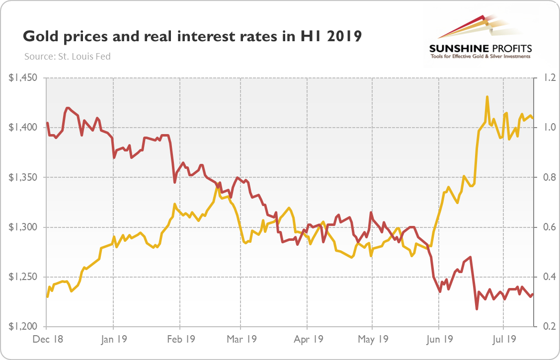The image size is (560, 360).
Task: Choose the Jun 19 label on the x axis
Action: point(439,340)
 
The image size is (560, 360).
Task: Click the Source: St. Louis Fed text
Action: point(68,56)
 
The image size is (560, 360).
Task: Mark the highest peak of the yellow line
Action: point(487,97)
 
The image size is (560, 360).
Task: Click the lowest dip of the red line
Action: point(477,309)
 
